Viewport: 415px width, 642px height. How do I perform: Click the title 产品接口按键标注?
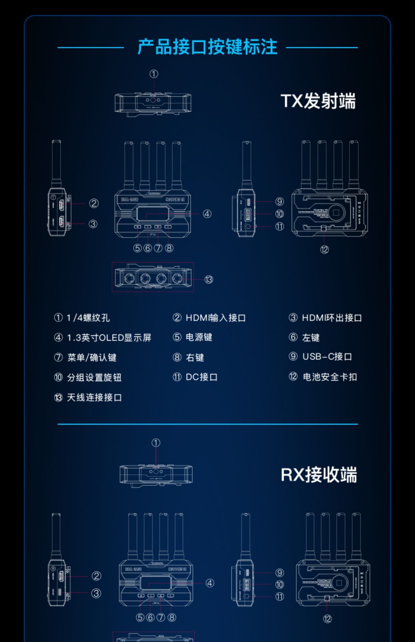pyautogui.click(x=207, y=47)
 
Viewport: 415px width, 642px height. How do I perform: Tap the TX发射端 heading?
pyautogui.click(x=318, y=101)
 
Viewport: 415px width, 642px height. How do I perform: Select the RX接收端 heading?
pyautogui.click(x=319, y=475)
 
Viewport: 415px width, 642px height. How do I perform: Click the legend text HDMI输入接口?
pyautogui.click(x=216, y=318)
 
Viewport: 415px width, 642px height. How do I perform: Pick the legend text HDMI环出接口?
pyautogui.click(x=332, y=318)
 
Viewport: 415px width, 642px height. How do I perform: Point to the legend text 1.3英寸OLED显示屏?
pyautogui.click(x=109, y=338)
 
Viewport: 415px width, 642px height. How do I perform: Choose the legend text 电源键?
pyautogui.click(x=199, y=337)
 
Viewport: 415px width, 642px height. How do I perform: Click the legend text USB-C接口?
pyautogui.click(x=327, y=357)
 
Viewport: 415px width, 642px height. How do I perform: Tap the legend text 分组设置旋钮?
pyautogui.click(x=94, y=377)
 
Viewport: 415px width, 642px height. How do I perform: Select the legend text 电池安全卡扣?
pyautogui.click(x=330, y=377)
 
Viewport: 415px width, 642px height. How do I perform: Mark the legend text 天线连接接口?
pyautogui.click(x=94, y=398)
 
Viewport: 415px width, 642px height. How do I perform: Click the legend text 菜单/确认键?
pyautogui.click(x=92, y=357)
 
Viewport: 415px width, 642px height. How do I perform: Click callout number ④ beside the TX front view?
pyautogui.click(x=207, y=214)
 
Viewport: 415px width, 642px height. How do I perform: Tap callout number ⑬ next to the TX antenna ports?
pyautogui.click(x=209, y=280)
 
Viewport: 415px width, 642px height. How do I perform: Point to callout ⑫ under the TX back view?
pyautogui.click(x=324, y=250)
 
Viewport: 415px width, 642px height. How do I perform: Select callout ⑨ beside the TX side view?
pyautogui.click(x=279, y=202)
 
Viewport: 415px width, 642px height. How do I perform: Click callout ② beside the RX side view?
pyautogui.click(x=96, y=576)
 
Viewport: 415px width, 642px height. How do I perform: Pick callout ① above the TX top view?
pyautogui.click(x=154, y=74)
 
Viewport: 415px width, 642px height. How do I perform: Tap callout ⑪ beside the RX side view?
pyautogui.click(x=279, y=597)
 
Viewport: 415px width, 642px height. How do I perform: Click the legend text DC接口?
pyautogui.click(x=201, y=377)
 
